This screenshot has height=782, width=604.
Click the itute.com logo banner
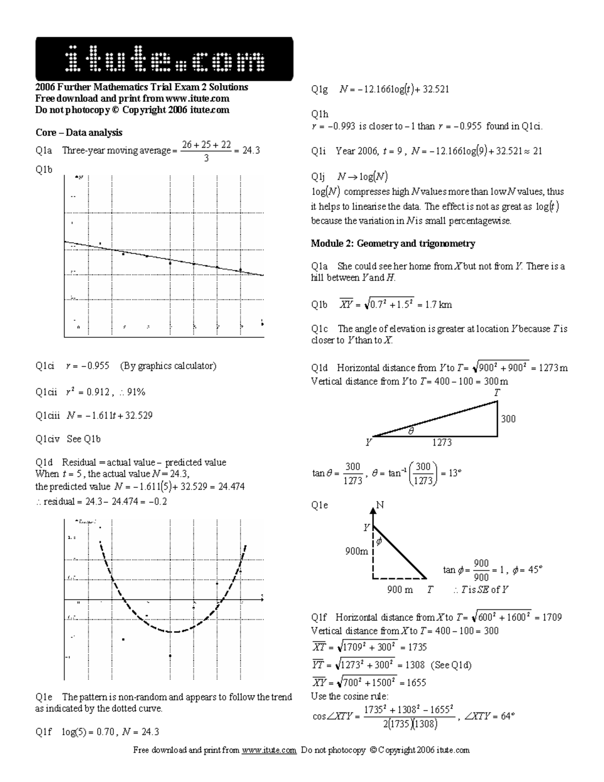[164, 59]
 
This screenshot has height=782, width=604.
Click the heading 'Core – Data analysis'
[79, 132]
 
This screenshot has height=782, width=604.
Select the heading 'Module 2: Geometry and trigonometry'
[393, 244]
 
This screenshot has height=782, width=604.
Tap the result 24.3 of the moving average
[251, 150]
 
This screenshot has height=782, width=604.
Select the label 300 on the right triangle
[508, 419]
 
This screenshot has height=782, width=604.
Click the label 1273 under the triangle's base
[442, 442]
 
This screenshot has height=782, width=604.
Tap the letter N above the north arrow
[380, 505]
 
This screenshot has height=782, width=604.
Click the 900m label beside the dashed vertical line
[356, 551]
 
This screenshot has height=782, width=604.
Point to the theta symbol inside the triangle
[411, 431]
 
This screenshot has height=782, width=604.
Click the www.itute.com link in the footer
[269, 750]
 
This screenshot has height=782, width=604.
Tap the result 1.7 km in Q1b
[438, 305]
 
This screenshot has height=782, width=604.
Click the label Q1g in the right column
[319, 90]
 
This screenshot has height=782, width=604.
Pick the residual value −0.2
[158, 502]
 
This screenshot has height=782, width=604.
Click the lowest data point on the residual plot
[170, 656]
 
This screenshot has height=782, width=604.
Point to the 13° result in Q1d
[454, 473]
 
